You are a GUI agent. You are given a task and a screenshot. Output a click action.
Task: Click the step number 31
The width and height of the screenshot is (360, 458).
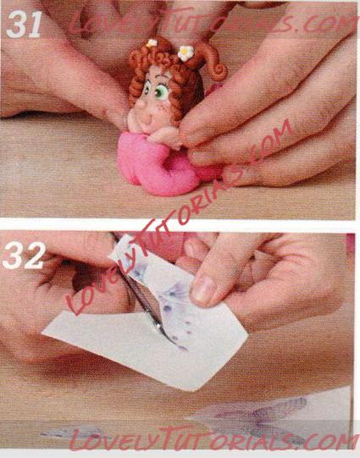point(24,24)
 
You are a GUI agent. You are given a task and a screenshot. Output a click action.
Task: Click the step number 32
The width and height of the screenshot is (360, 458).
point(24,256)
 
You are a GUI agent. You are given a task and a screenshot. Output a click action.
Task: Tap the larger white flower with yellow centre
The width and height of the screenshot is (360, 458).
point(186,52)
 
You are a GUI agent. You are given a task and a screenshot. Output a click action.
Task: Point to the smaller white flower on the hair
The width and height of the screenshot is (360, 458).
point(152,43)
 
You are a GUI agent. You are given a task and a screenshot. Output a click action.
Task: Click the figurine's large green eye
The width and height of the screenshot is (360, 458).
point(161,92)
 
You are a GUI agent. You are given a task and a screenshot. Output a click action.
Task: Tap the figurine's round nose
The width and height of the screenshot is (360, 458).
point(142,105)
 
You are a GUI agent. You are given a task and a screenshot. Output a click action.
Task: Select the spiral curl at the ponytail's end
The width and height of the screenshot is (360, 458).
point(219,71)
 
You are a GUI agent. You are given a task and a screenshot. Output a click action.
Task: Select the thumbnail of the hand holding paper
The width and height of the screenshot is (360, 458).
point(203,290)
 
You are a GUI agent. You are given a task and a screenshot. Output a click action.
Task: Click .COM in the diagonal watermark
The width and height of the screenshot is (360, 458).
point(269,142)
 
